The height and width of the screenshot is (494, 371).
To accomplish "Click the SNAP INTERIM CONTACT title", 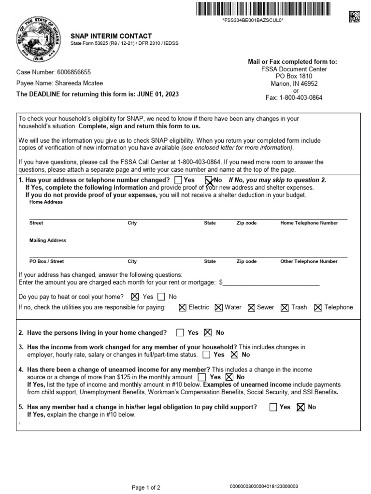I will (111, 36).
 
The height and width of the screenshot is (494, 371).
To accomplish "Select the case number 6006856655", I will (74, 72).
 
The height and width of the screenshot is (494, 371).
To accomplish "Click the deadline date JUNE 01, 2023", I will (159, 94).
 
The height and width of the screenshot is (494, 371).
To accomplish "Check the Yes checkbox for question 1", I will (178, 180).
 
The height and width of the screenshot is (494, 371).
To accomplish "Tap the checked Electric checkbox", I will (183, 307).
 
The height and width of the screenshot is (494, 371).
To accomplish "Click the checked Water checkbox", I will (219, 307).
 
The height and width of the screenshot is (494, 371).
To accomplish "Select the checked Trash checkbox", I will (285, 307).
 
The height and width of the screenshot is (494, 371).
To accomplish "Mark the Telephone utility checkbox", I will (318, 307).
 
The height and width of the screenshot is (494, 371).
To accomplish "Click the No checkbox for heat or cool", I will (161, 297).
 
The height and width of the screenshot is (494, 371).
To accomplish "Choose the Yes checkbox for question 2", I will (180, 332).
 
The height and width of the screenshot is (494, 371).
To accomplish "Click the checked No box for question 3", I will (235, 355).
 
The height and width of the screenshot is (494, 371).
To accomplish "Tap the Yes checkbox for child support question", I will (273, 407).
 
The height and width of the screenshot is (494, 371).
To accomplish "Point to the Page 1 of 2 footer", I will (146, 488).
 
